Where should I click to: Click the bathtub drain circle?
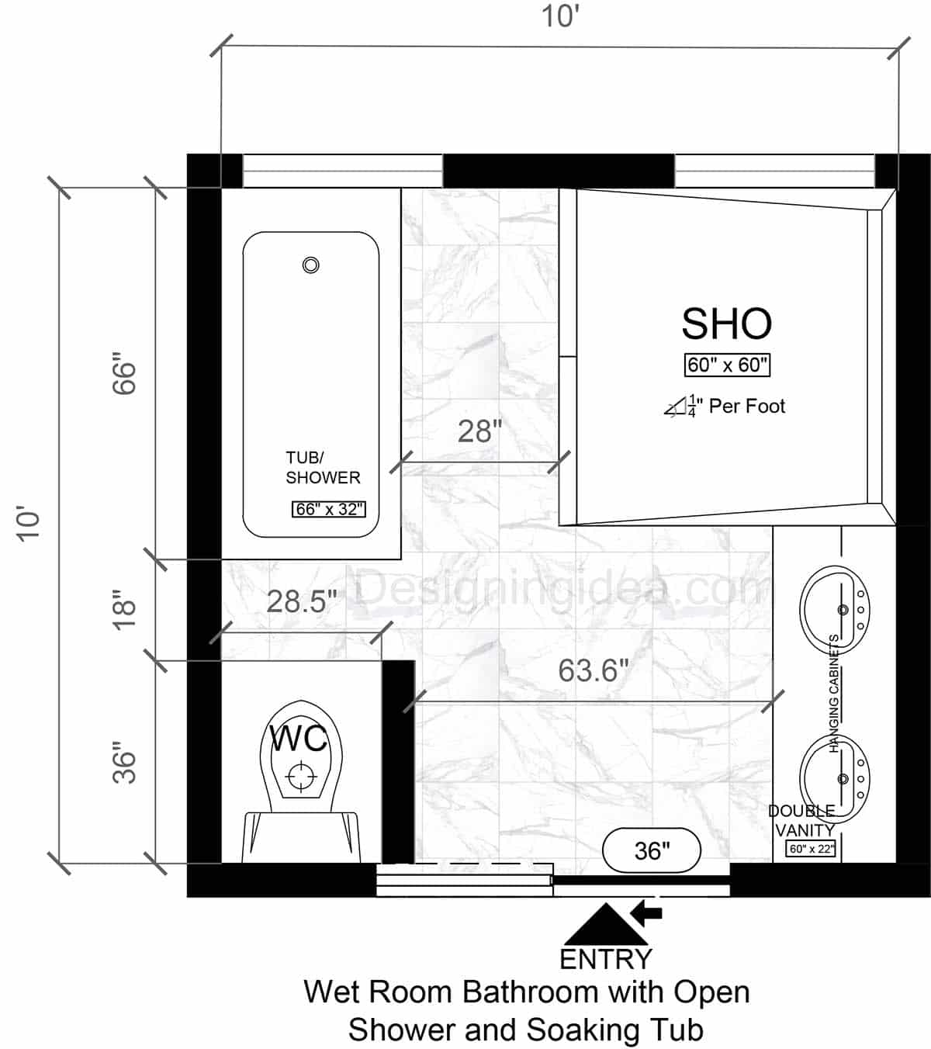pyautogui.click(x=310, y=265)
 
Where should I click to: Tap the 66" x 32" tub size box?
pyautogui.click(x=329, y=510)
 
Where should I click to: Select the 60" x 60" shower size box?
pyautogui.click(x=727, y=365)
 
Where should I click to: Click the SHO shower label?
pyautogui.click(x=726, y=324)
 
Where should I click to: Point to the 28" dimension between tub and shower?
pyautogui.click(x=479, y=431)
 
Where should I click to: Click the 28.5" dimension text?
pyautogui.click(x=302, y=601)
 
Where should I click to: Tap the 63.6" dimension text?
pyautogui.click(x=593, y=670)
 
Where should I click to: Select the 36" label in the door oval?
pyautogui.click(x=652, y=850)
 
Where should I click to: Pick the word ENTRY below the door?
pyautogui.click(x=606, y=959)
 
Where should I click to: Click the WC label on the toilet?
pyautogui.click(x=299, y=739)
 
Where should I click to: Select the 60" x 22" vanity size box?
pyautogui.click(x=811, y=849)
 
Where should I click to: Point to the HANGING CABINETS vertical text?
pyautogui.click(x=835, y=693)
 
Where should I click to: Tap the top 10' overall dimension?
pyautogui.click(x=560, y=16)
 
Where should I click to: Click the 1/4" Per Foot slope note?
pyautogui.click(x=725, y=407)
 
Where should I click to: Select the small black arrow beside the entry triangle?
pyautogui.click(x=647, y=912)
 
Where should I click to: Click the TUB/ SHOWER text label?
pyautogui.click(x=323, y=468)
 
